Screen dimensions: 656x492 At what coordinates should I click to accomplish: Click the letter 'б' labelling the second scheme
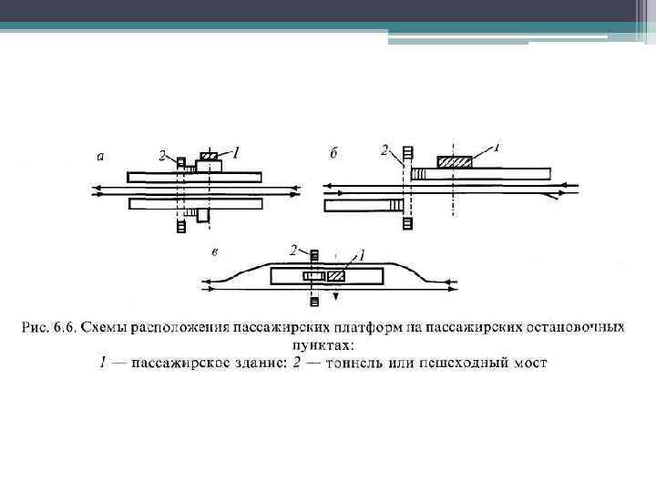(333, 153)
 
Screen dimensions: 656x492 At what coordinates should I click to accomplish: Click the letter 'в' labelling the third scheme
(213, 251)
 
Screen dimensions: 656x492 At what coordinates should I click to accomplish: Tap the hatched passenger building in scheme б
(455, 161)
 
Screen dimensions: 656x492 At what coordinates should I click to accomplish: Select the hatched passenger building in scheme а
(209, 158)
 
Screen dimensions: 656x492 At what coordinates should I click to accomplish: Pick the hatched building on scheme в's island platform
(336, 275)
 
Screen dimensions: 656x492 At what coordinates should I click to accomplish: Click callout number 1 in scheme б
(497, 146)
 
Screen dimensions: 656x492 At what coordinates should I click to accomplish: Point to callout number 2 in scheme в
(293, 249)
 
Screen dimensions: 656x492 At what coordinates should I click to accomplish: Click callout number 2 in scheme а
(162, 156)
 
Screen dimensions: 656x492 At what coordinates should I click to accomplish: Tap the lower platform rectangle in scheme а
(196, 203)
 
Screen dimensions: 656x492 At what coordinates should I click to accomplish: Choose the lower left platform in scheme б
(363, 205)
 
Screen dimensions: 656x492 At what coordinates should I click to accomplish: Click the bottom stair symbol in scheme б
(407, 222)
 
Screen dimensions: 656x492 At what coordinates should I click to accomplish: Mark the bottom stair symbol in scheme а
(181, 225)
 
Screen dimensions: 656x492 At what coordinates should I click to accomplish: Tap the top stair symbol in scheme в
(314, 254)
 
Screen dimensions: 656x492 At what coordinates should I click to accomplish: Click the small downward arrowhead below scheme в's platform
(335, 296)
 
